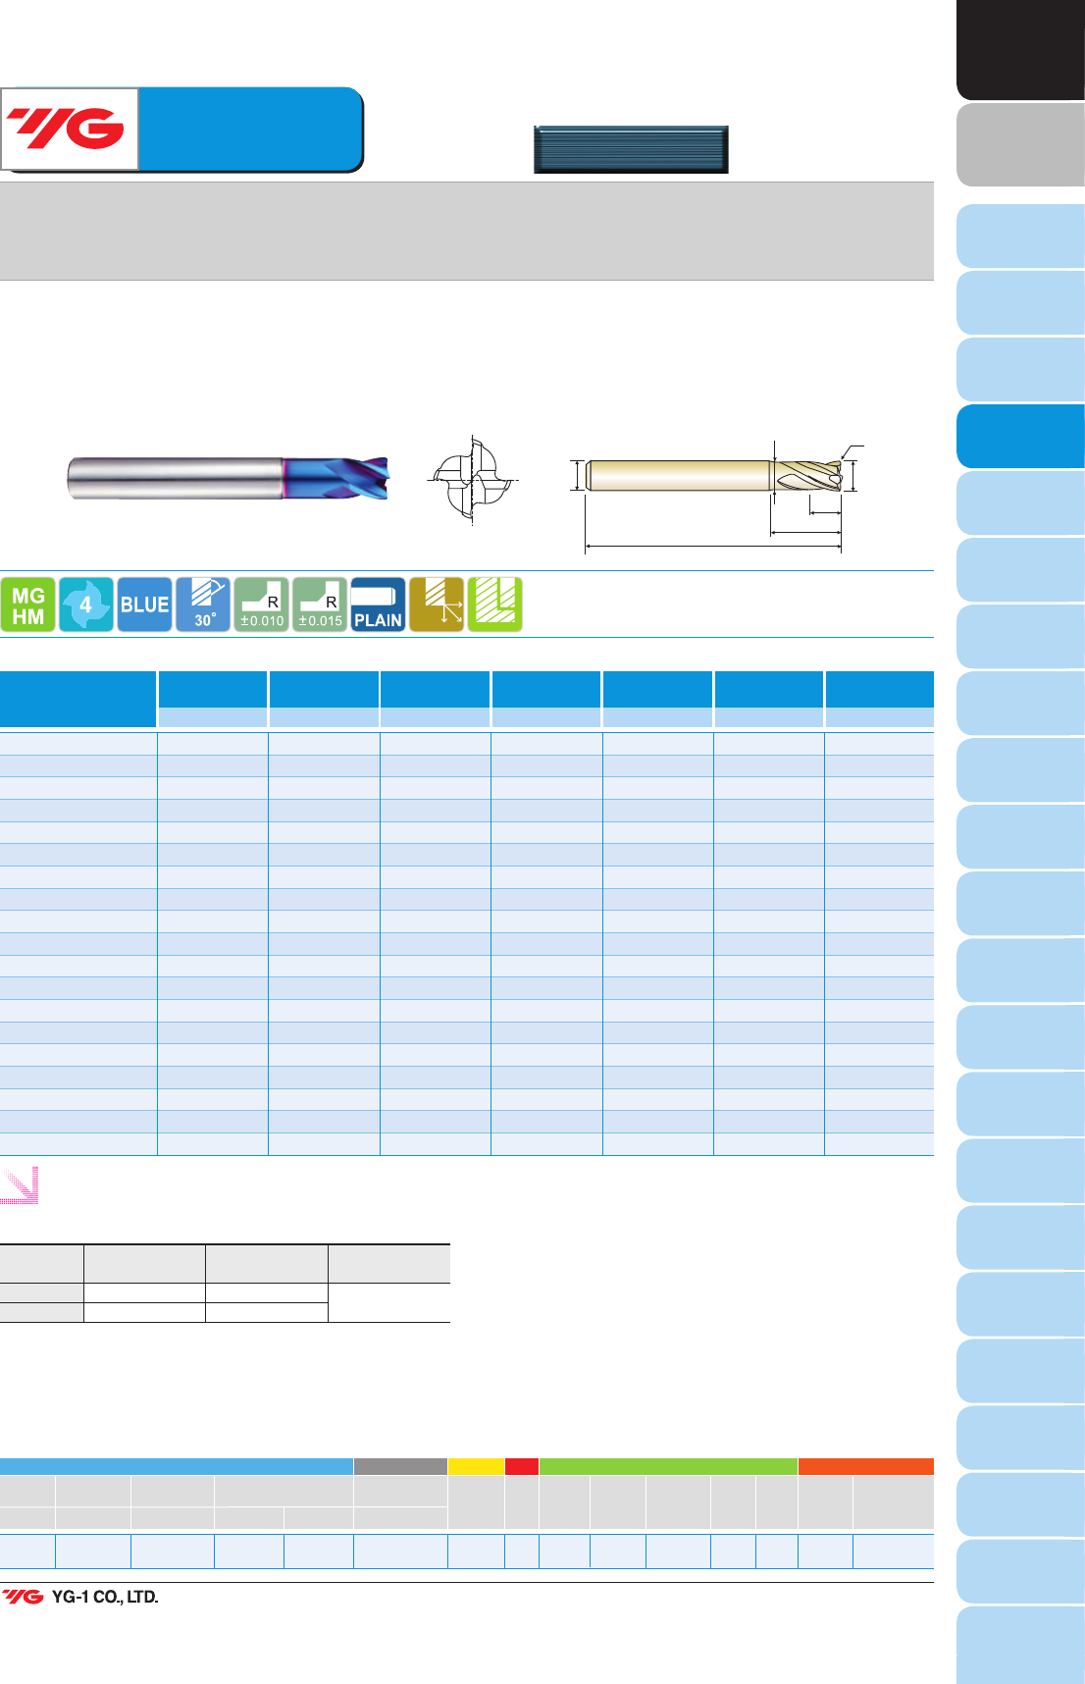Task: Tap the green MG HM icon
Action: coord(27,605)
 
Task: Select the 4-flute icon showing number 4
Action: coord(85,605)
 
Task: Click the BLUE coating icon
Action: coord(144,605)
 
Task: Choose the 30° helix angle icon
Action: coord(203,605)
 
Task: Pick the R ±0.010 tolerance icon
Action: coord(261,605)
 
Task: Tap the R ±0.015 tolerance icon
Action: coord(320,605)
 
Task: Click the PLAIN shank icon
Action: coord(378,605)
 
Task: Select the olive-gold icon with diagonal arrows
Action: coord(437,605)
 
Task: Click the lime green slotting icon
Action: coord(494,605)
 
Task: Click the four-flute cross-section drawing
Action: coord(473,481)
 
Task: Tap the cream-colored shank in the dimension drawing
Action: coord(678,476)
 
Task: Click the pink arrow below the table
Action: coord(20,1184)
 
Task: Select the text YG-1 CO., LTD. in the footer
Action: coord(105,1597)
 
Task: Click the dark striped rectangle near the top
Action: coord(631,149)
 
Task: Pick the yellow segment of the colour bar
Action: coord(476,1466)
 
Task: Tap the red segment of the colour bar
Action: coord(522,1466)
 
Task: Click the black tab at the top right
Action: coord(1020,49)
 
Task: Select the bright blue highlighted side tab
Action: coord(1020,436)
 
